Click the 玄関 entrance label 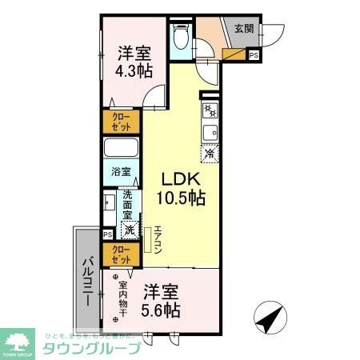[243, 28]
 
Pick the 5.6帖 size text [161, 309]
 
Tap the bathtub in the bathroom [121, 150]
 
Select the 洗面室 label [128, 206]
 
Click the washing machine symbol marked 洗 [129, 230]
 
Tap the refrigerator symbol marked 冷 [210, 153]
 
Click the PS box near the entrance [253, 55]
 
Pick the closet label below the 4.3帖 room [122, 122]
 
